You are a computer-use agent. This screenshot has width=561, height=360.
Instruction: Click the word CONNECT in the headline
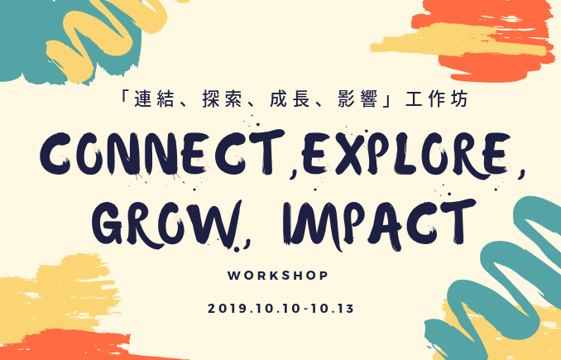[x=162, y=154]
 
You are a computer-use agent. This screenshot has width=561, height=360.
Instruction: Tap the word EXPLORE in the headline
[x=406, y=155]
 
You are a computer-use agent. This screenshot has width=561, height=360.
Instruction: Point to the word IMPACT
[x=379, y=225]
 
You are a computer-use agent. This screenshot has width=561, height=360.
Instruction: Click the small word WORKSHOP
[x=278, y=276]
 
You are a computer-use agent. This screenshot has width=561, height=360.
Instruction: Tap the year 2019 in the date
[x=227, y=309]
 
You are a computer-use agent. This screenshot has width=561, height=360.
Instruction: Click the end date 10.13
[x=333, y=309]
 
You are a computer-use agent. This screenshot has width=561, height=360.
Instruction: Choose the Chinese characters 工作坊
[x=437, y=98]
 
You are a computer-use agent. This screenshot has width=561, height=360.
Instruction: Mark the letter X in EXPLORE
[x=351, y=155]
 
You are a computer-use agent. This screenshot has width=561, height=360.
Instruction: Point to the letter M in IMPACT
[x=318, y=226]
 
